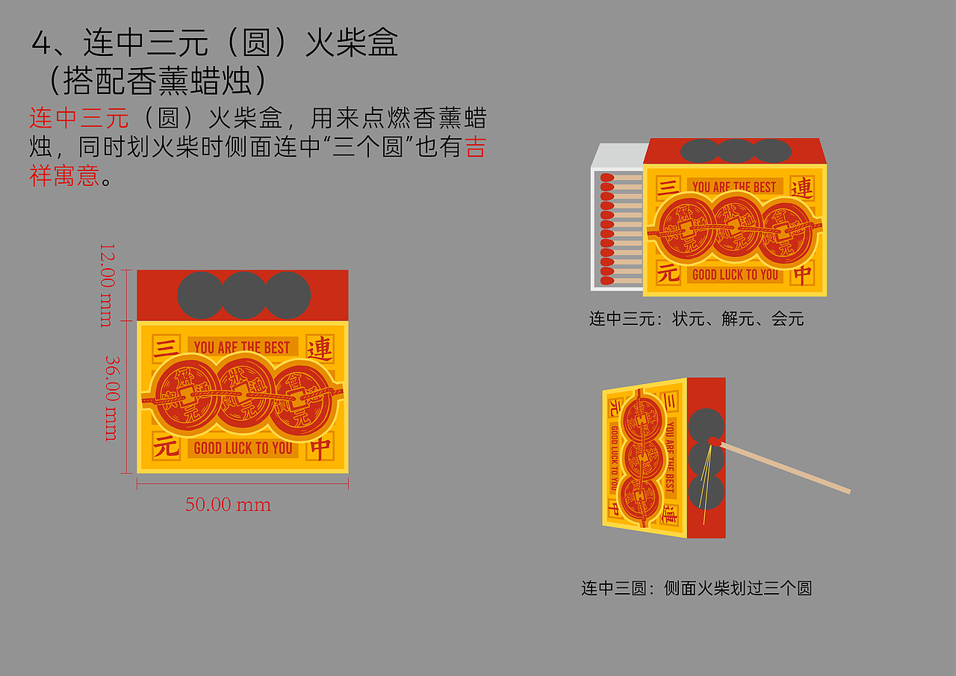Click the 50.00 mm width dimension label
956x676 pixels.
point(228,505)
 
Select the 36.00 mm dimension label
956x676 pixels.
point(111,397)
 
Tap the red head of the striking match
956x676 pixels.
point(714,441)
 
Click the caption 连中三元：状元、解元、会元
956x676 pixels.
point(696,319)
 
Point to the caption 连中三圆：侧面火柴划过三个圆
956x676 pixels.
point(696,588)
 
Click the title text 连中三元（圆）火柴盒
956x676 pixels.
point(214,43)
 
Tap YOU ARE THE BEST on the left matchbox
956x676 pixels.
point(242,347)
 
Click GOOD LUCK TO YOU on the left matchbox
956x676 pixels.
point(243,448)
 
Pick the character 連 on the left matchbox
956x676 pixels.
point(320,348)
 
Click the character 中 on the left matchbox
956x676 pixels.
point(320,448)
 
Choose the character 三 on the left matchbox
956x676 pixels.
point(166,347)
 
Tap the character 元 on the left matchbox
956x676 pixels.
point(166,447)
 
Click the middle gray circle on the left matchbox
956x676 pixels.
point(244,295)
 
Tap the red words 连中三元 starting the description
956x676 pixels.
point(79,118)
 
